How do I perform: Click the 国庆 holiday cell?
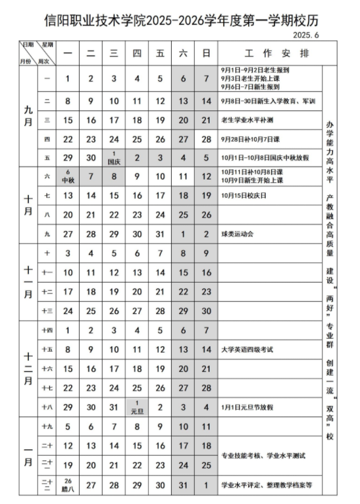tap(113, 157)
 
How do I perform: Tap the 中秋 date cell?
tap(68, 176)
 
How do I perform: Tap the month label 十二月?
tap(28, 368)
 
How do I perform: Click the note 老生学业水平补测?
tap(248, 119)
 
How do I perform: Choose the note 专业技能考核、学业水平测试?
tap(263, 455)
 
